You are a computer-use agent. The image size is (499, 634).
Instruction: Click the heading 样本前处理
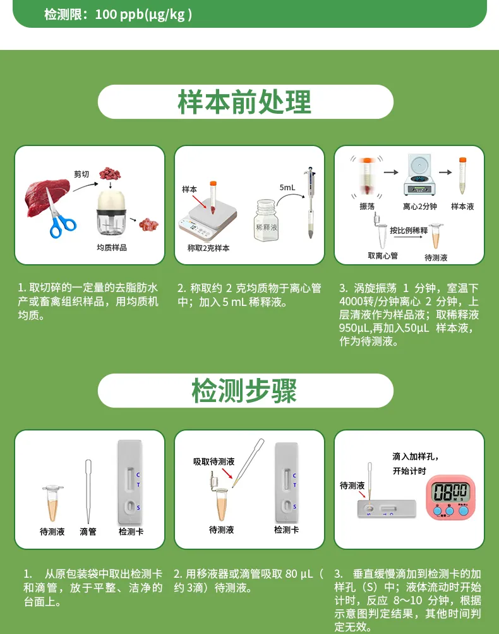[x=244, y=102]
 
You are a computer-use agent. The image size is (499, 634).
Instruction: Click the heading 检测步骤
[x=244, y=391]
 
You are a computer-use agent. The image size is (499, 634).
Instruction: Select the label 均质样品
[x=112, y=248]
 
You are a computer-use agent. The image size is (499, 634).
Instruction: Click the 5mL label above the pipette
[x=287, y=188]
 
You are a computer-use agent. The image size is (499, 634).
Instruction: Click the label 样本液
[x=462, y=207]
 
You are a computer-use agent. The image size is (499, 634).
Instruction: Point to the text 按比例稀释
[x=408, y=231]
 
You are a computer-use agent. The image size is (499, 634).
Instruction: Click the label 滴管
[x=88, y=532]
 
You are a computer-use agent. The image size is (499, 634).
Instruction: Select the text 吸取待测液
[x=214, y=462]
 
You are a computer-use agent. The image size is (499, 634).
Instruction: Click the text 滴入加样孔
[x=415, y=456]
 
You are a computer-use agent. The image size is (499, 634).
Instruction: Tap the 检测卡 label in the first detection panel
[x=131, y=532]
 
